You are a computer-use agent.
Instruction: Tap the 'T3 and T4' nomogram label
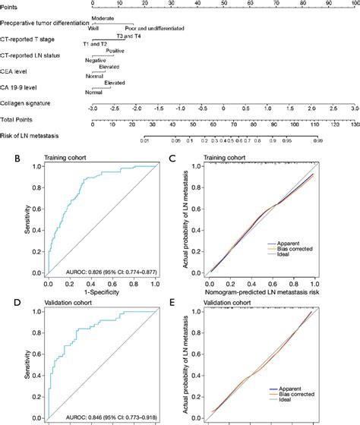click(127, 36)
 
